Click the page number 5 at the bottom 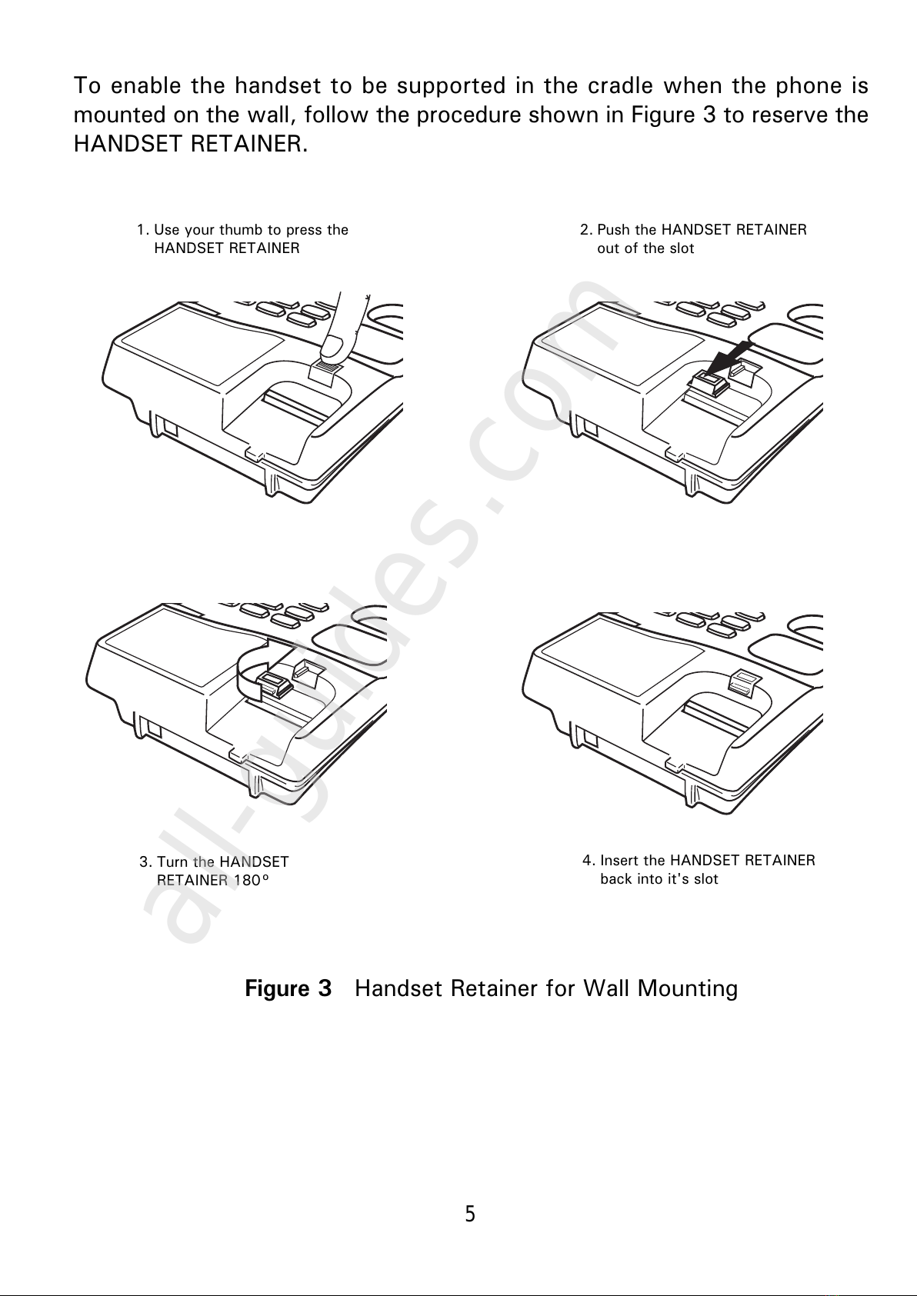tap(470, 1214)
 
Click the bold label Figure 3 tap(288, 988)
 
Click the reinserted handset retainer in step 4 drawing tap(743, 680)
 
